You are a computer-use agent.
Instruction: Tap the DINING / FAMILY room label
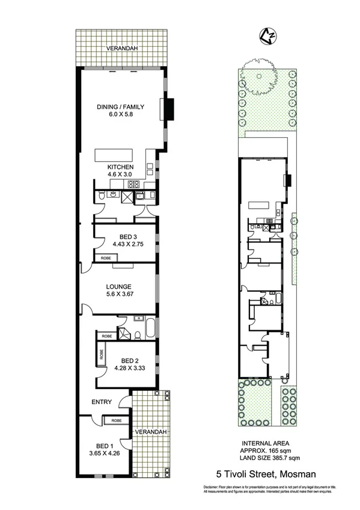120,108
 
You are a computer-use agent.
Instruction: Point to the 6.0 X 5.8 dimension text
120,117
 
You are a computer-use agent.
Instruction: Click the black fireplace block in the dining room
169,108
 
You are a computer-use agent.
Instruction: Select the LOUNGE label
120,286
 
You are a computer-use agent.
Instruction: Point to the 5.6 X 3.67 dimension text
120,295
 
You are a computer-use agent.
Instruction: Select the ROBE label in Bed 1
117,420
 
